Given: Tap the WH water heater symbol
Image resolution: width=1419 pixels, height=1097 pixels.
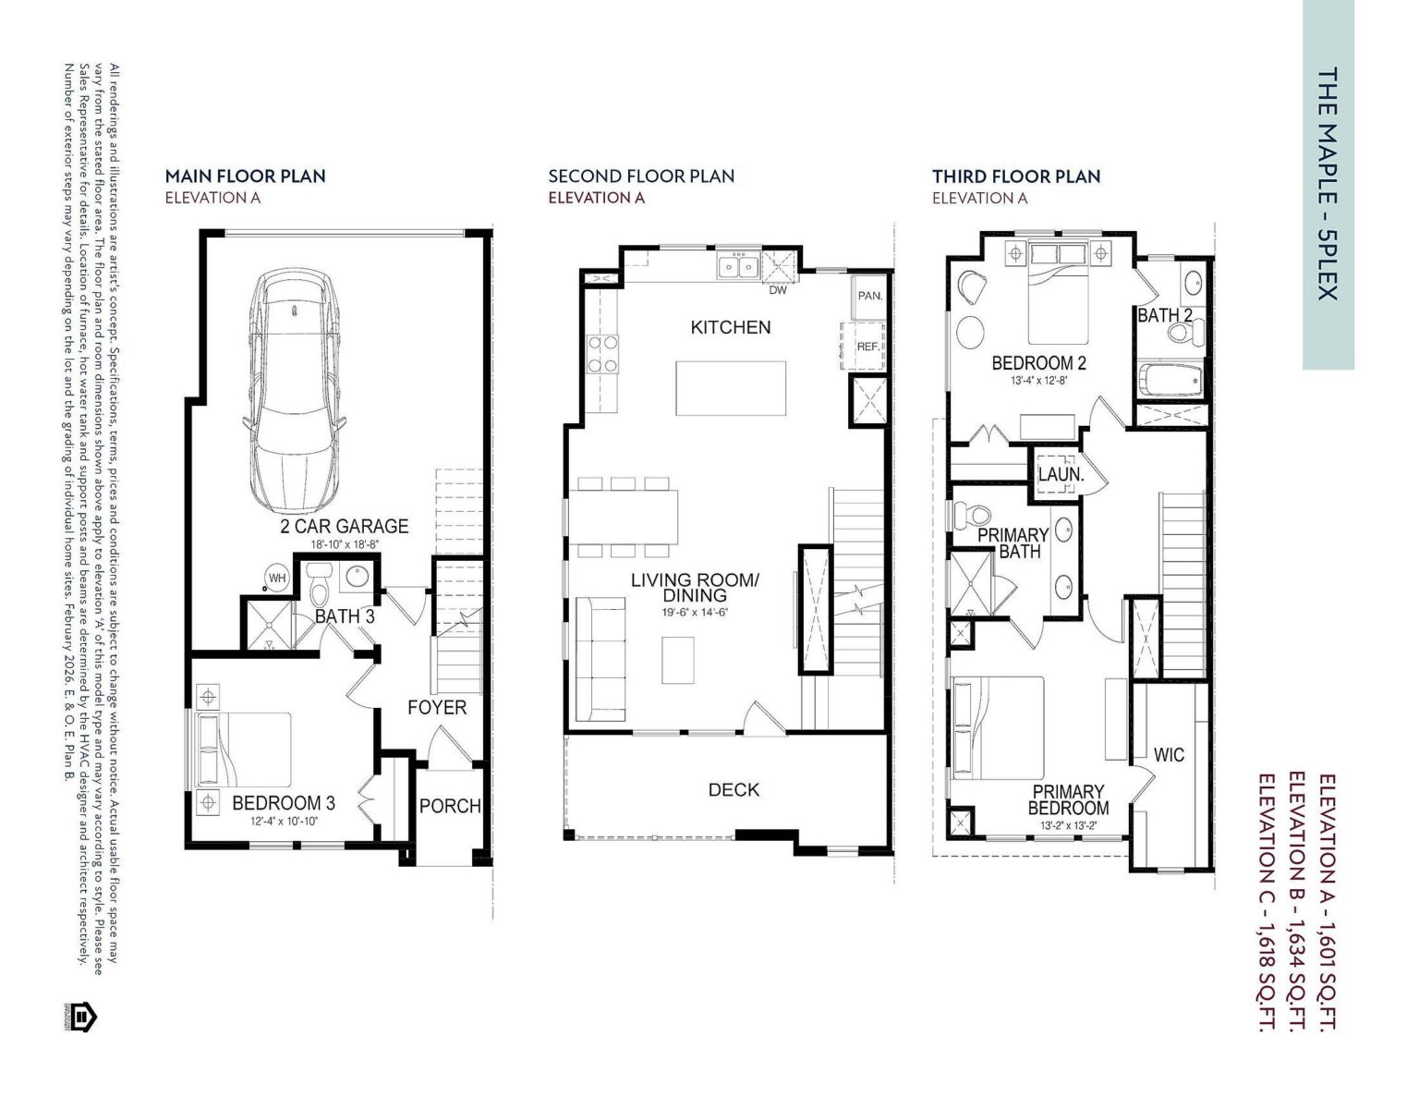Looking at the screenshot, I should [276, 579].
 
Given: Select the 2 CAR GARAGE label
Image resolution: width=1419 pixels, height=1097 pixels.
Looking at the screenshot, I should [344, 526].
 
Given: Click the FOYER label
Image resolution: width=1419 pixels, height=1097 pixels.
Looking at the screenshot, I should [437, 707].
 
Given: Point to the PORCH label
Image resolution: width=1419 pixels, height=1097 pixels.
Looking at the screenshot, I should [450, 806].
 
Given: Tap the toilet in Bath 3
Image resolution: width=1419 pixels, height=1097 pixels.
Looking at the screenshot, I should [320, 588].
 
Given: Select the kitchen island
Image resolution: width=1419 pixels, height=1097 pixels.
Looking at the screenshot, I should [732, 389].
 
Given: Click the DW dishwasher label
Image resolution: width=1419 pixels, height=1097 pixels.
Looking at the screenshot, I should [778, 290].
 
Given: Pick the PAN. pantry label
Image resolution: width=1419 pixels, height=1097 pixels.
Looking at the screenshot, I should [869, 296].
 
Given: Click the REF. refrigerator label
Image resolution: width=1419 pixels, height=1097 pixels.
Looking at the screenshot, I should [867, 347].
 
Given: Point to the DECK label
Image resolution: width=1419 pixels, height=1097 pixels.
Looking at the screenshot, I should [734, 789].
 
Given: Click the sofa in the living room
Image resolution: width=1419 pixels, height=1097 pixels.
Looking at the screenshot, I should [600, 659].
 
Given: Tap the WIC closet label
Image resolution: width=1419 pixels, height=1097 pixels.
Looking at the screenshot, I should [1169, 755].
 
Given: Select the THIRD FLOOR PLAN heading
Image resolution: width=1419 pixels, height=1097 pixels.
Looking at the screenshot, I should [1015, 176].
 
